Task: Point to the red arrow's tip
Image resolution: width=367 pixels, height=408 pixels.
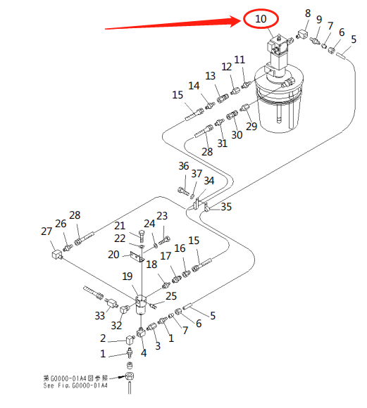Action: tap(242, 21)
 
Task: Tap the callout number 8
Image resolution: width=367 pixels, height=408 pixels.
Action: tap(307, 13)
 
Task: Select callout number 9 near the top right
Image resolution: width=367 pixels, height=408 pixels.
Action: tap(318, 19)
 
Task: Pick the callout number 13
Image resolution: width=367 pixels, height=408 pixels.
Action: tap(210, 75)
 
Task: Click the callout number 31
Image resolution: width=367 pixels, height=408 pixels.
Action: tap(222, 144)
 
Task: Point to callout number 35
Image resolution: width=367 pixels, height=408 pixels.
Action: tap(225, 207)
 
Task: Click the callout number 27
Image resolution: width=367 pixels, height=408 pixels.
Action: tap(46, 231)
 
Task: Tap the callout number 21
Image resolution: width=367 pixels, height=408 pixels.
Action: tap(120, 225)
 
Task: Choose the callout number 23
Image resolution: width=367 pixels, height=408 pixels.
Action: tap(162, 216)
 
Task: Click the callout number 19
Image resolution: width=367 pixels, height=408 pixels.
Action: tap(127, 276)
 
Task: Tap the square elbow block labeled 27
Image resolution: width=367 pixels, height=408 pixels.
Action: tap(55, 250)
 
